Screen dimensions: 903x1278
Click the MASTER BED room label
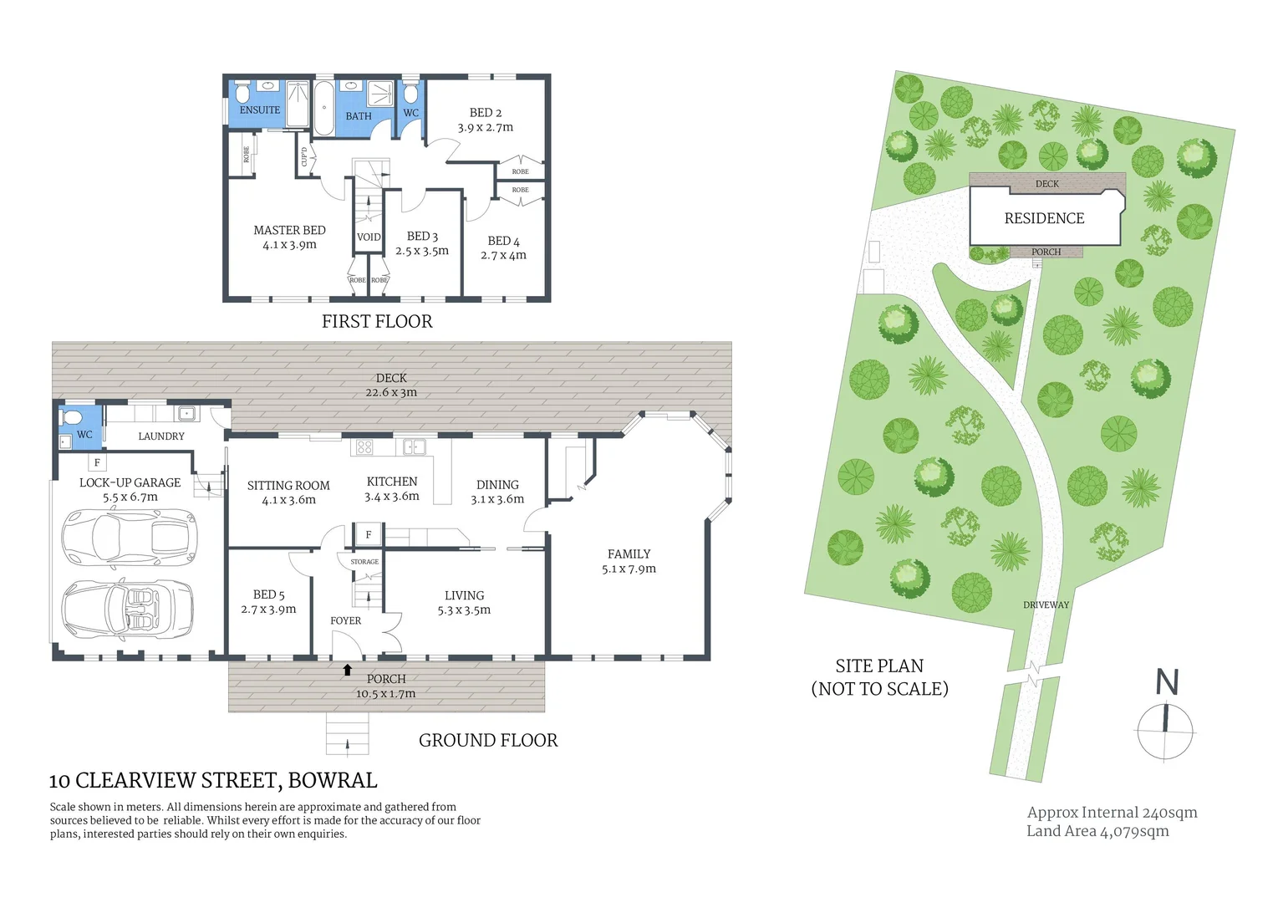coord(289,230)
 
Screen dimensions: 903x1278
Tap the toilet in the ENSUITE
coord(242,91)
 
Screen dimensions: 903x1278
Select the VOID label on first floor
coord(369,237)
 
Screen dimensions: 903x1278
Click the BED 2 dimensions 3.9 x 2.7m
coord(485,128)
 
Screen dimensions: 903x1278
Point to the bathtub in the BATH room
coord(323,106)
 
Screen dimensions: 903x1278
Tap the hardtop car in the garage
coord(130,534)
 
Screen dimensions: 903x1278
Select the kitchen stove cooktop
coord(364,446)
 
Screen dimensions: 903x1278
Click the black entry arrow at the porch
coord(348,669)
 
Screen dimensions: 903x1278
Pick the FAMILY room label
coord(629,554)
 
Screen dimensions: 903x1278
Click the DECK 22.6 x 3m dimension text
coord(390,392)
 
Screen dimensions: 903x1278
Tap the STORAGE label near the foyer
coord(364,562)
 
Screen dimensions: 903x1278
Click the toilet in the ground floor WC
coord(71,418)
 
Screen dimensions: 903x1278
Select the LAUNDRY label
coord(161,436)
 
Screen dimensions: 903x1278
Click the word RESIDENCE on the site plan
coord(1044,218)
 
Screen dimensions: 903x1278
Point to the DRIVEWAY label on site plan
coord(1046,605)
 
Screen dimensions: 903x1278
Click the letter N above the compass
coord(1167,683)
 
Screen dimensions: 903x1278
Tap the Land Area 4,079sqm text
coord(1097,831)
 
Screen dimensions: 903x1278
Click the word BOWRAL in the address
coord(333,781)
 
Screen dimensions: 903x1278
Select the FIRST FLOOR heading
coord(377,322)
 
